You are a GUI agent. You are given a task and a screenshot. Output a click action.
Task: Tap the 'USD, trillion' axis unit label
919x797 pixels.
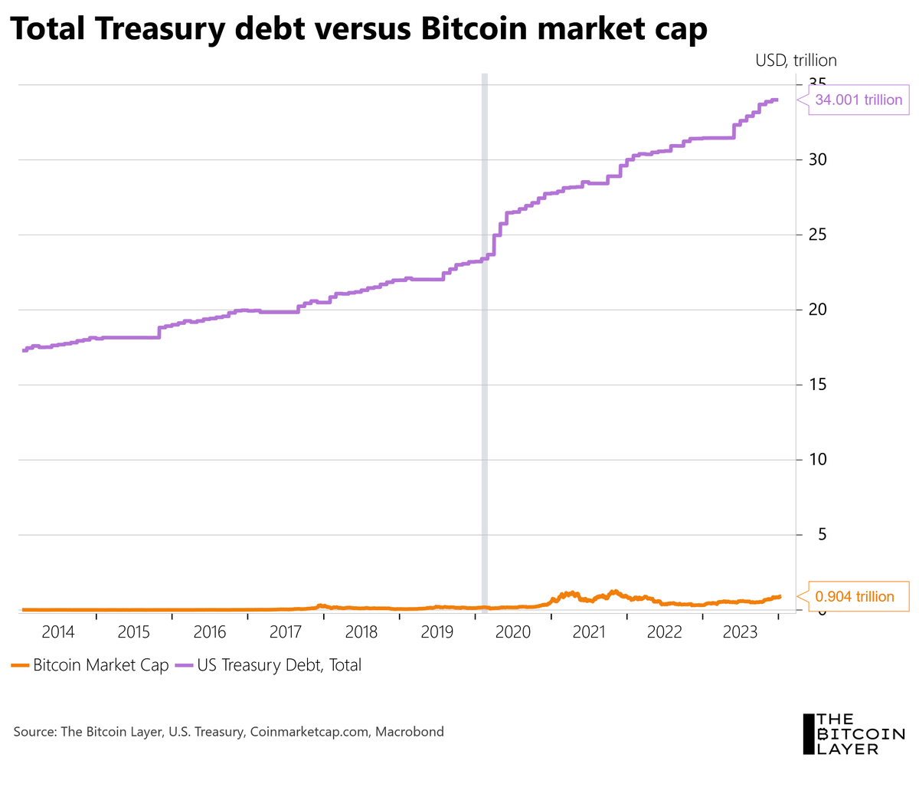pos(796,60)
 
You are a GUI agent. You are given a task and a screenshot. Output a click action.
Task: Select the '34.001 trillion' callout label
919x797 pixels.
pos(858,100)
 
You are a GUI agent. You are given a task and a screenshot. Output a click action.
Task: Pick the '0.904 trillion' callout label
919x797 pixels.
pos(854,597)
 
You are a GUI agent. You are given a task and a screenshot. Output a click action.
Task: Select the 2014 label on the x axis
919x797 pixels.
pos(58,632)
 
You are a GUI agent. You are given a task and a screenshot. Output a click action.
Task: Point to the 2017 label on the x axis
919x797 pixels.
pos(286,632)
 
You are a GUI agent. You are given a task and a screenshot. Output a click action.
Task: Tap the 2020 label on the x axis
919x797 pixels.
pos(513,632)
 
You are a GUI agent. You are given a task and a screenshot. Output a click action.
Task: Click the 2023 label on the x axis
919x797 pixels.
pos(741,632)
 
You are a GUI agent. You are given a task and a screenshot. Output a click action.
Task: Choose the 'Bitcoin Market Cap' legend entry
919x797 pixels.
pos(90,665)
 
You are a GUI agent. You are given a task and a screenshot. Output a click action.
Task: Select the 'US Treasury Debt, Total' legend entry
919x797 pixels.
pos(269,665)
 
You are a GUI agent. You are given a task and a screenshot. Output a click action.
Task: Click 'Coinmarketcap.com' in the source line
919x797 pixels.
pos(310,732)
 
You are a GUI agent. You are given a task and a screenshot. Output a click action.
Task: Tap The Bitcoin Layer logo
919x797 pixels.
pos(852,733)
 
